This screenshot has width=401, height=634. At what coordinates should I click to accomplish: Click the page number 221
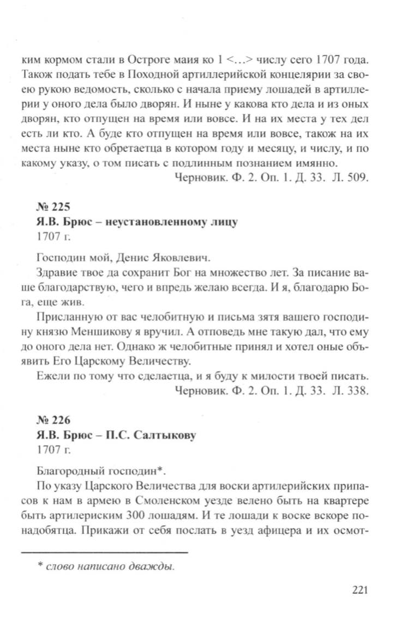point(362,591)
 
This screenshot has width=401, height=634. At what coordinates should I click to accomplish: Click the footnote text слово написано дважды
point(109,566)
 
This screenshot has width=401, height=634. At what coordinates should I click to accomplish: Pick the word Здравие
point(55,272)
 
